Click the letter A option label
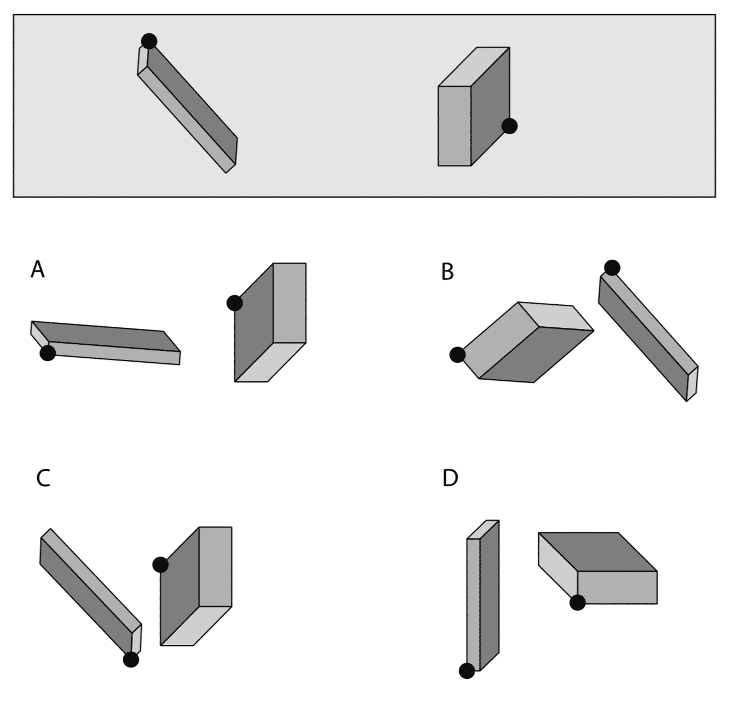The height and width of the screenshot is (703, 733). pos(38,269)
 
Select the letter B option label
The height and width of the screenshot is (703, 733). pos(447,272)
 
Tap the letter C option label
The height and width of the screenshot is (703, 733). pos(43,478)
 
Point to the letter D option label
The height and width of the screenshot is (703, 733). pos(450,478)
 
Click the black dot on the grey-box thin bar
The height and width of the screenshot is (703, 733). pos(149,41)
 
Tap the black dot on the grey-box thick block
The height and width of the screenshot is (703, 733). pos(509,126)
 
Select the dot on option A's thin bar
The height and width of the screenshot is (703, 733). pos(48,353)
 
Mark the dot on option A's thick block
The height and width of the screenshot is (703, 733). pos(235,303)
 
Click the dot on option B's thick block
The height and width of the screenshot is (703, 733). pos(457,354)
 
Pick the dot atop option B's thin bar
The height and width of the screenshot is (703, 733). pos(612,268)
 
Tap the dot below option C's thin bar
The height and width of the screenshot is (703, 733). pos(131,659)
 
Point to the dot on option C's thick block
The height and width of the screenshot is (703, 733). pos(160,564)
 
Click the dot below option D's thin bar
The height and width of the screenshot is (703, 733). pos(467,671)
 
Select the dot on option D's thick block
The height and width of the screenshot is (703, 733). pos(577,603)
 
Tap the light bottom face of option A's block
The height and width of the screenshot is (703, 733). pos(270,362)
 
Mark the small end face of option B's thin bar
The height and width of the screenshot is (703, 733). pos(692,383)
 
